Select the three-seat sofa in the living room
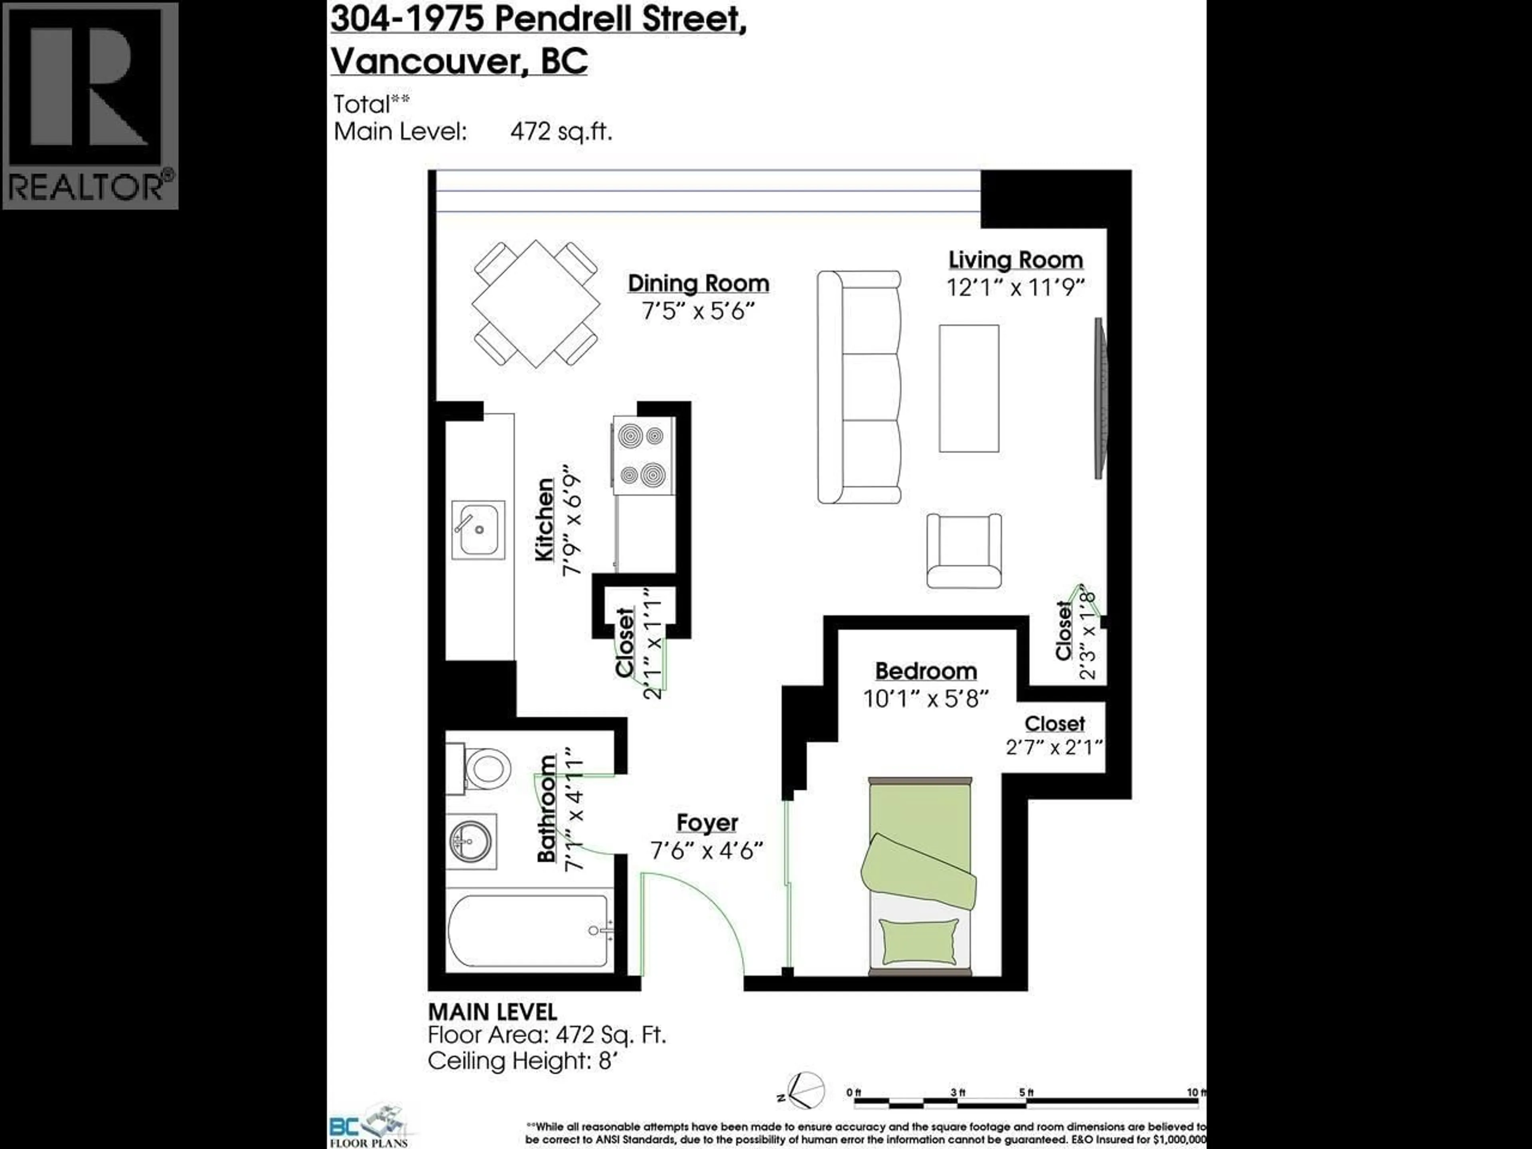coord(859,387)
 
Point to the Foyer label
coord(707,822)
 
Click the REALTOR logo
coord(90,105)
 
